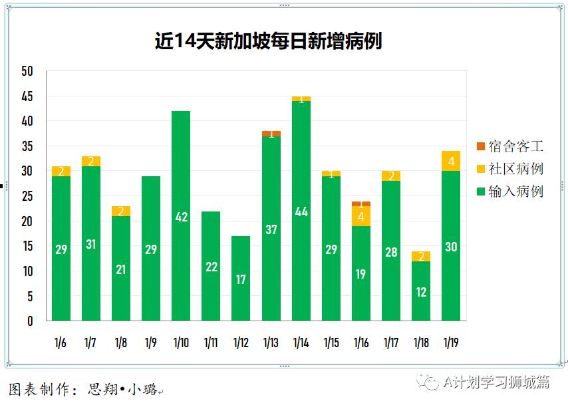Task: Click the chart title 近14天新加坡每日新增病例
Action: (x=268, y=41)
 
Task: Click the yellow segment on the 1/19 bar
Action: (x=451, y=162)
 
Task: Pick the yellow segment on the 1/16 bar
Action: (x=361, y=217)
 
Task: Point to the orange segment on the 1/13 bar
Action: (x=271, y=134)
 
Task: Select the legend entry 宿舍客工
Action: (x=509, y=146)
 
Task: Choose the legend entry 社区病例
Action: (x=509, y=169)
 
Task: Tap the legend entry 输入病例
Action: (x=509, y=192)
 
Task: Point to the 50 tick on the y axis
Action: (x=27, y=71)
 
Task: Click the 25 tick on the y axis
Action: (x=27, y=196)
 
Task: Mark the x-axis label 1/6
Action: (x=61, y=343)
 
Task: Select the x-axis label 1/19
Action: (x=451, y=343)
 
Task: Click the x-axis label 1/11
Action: (x=211, y=343)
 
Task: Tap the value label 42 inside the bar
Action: (x=181, y=216)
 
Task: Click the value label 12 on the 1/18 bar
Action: (x=421, y=292)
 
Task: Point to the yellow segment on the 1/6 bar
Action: (x=61, y=172)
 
